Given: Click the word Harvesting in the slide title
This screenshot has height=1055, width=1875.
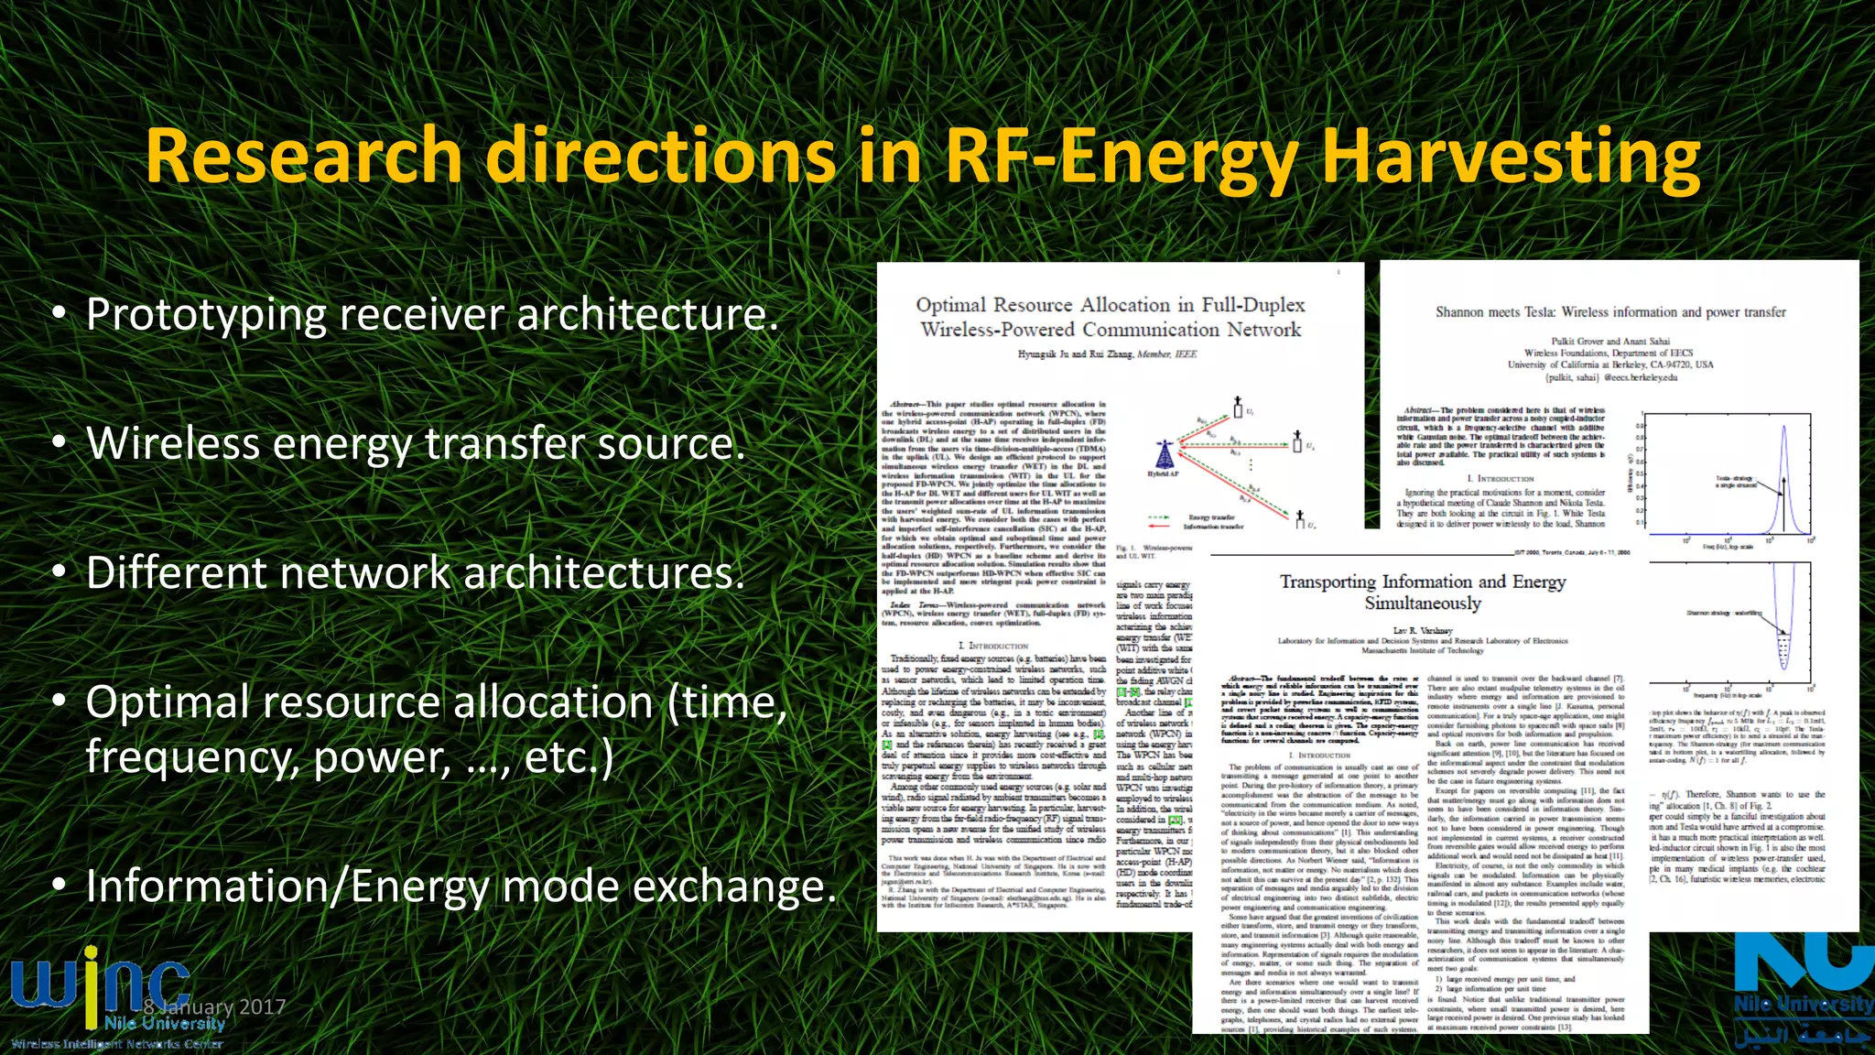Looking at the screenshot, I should tap(1511, 158).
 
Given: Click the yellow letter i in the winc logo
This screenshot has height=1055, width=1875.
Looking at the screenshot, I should tap(90, 984).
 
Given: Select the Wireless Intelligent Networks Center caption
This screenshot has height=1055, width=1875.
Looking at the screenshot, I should tap(117, 1043).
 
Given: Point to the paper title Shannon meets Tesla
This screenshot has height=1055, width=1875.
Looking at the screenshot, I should tap(1610, 312).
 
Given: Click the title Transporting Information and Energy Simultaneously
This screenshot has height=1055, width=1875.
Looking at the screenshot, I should tap(1422, 592).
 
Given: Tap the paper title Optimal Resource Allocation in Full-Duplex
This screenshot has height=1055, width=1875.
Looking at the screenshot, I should tap(1110, 317).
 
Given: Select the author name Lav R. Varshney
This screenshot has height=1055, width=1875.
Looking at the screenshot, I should tap(1422, 630).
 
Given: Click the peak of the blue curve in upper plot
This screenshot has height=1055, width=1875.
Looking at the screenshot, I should tap(1783, 429).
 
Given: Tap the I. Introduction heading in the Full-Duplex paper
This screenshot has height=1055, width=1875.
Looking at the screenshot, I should tap(992, 646).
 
